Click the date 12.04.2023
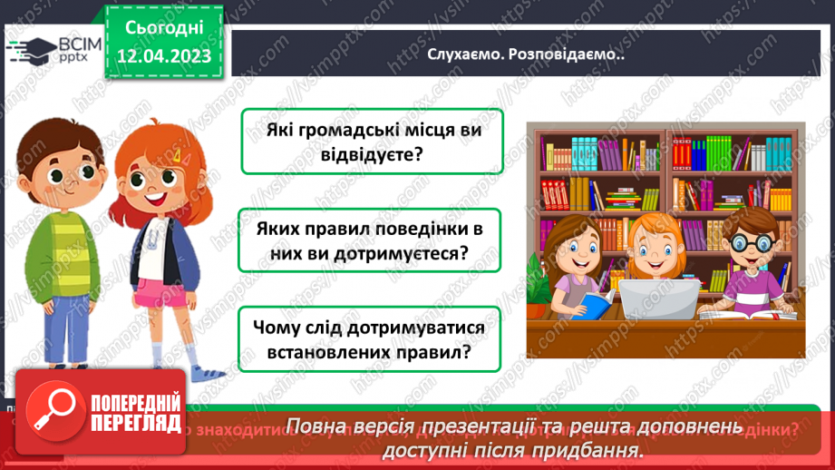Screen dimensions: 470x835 164,57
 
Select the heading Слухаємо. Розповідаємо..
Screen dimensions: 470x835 526,54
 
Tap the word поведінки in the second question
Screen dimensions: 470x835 413,230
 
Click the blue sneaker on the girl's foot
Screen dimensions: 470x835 209,373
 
